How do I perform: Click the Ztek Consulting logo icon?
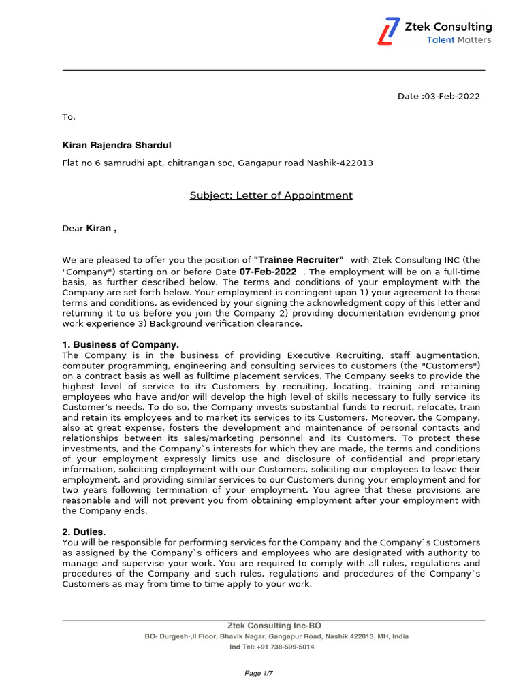(x=390, y=31)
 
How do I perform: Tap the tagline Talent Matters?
(x=458, y=40)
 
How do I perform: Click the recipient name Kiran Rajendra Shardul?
(x=117, y=146)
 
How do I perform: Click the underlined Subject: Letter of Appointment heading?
(x=270, y=196)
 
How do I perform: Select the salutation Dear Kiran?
(x=89, y=228)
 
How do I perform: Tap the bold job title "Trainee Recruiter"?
(x=298, y=260)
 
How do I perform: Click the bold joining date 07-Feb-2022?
(x=268, y=271)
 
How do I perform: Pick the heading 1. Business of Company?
(x=121, y=345)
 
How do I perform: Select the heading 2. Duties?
(x=84, y=532)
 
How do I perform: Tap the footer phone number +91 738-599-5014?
(x=285, y=647)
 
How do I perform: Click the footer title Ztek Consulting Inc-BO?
(x=274, y=626)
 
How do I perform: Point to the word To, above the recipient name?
(x=69, y=117)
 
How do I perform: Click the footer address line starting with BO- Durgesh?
(x=276, y=636)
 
